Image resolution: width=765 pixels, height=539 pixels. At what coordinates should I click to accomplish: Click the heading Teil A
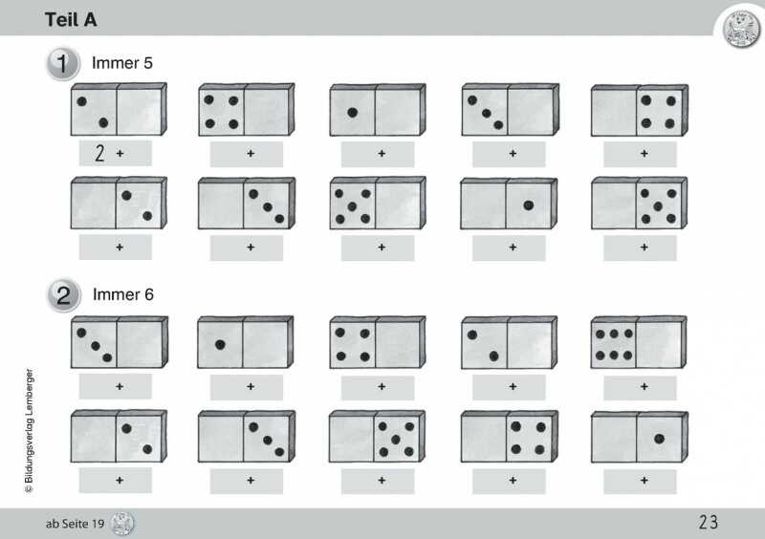tap(71, 20)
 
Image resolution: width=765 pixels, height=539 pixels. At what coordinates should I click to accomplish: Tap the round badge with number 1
tap(63, 63)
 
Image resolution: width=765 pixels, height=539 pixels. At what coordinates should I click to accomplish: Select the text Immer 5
tap(122, 63)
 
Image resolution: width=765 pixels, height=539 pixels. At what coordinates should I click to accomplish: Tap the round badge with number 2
tap(63, 295)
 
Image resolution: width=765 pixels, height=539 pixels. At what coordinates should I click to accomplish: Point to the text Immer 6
tap(123, 294)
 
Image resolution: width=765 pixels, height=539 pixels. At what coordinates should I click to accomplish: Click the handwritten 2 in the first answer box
tap(99, 153)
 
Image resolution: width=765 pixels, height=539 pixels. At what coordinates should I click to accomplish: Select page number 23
tap(709, 523)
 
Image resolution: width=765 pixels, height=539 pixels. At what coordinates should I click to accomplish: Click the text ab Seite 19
tap(76, 524)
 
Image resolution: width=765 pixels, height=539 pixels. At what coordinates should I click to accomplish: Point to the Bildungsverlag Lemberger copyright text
tap(30, 430)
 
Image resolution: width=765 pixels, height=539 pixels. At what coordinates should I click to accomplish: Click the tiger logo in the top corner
tap(741, 30)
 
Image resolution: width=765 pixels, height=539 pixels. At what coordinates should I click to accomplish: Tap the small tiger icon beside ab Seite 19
tap(122, 524)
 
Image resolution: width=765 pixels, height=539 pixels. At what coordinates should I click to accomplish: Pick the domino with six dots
tap(639, 342)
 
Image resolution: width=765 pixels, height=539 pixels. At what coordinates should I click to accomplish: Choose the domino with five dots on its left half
tap(378, 204)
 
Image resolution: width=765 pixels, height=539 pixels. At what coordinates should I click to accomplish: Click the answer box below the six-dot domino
tap(640, 387)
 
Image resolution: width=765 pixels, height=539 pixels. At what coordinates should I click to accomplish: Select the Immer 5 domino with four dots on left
tap(247, 110)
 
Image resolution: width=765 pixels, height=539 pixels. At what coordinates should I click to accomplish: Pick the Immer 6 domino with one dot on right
tap(639, 437)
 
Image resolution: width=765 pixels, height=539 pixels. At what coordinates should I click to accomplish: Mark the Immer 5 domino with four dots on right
tap(640, 110)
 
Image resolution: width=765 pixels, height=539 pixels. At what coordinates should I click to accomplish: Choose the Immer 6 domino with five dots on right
tap(377, 437)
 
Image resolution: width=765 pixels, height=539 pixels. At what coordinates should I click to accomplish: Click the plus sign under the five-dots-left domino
tap(382, 248)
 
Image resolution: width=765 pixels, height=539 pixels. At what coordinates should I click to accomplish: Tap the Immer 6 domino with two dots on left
tap(509, 342)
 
